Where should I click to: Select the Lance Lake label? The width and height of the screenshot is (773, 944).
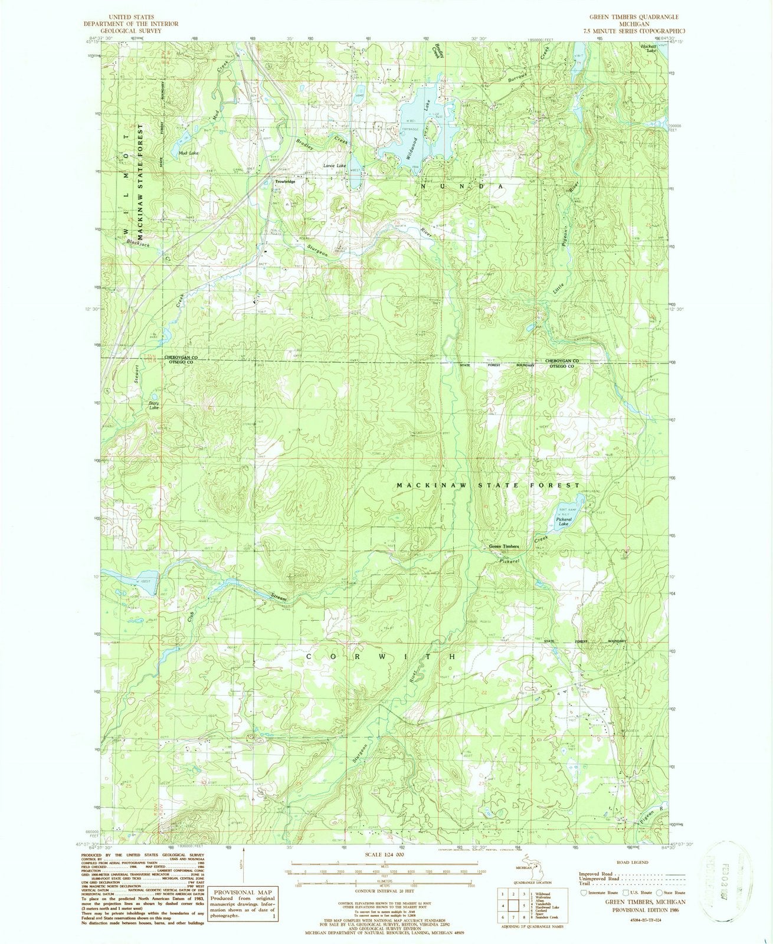[x=335, y=166]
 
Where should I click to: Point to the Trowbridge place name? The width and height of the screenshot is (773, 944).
[x=285, y=181]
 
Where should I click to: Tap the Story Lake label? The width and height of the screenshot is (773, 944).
[x=153, y=405]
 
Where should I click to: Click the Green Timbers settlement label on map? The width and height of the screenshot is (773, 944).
[x=503, y=547]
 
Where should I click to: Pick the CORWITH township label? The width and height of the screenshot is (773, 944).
[x=381, y=656]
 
